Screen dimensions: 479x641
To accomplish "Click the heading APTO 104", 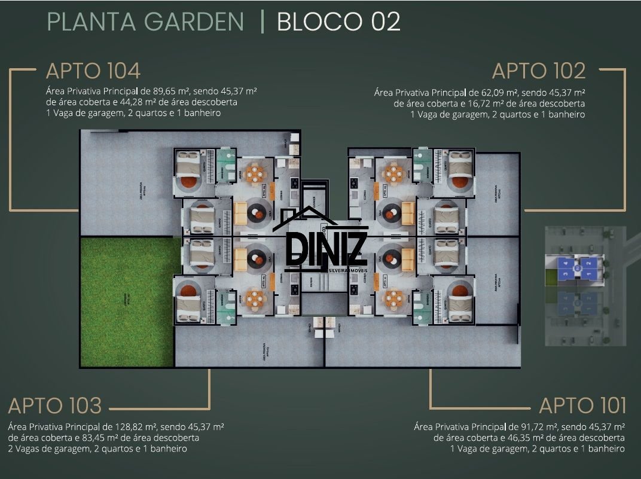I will [x=93, y=71].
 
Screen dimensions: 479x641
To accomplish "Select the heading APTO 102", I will [x=538, y=71].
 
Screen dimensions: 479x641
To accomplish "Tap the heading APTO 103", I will [x=55, y=405].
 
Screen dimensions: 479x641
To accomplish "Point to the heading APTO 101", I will [x=582, y=405].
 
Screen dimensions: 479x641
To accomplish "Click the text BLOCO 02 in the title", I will [x=338, y=22].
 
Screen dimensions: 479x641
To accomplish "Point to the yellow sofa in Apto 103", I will [x=240, y=259].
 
